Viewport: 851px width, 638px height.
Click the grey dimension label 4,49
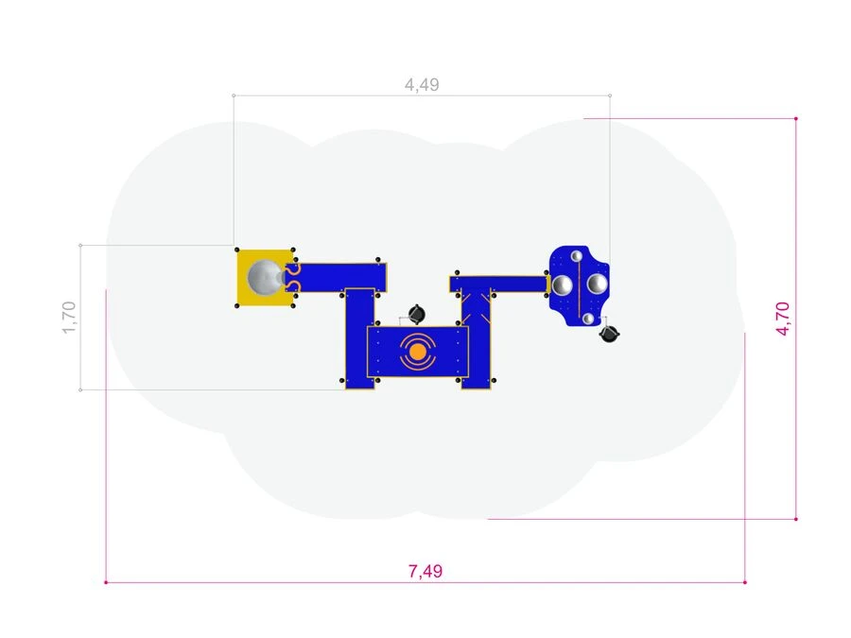[422, 85]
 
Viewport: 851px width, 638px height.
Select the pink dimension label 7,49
[425, 571]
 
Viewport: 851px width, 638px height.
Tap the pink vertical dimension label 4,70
[783, 319]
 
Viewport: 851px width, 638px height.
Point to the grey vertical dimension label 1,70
[69, 318]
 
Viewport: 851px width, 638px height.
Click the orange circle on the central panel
[417, 353]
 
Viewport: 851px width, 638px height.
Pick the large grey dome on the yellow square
[265, 277]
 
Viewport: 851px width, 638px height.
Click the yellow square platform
[265, 278]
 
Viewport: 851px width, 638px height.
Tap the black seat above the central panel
[416, 314]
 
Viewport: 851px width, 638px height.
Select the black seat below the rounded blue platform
[610, 335]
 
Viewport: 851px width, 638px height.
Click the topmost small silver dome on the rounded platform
[577, 255]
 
